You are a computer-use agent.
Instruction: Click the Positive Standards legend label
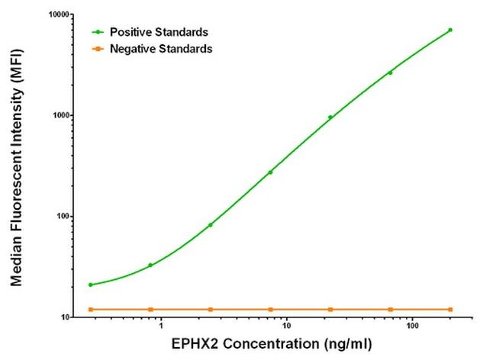point(159,32)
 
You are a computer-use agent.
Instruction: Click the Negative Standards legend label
point(161,48)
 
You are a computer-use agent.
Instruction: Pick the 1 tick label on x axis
point(160,327)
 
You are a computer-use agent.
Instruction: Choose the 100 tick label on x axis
point(411,327)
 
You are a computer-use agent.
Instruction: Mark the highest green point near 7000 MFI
point(450,30)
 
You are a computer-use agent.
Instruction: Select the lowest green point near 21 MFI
point(90,284)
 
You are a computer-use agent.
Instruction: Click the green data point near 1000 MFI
point(330,117)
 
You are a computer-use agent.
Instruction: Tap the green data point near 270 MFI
point(270,172)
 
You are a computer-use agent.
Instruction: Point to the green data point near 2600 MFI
point(390,73)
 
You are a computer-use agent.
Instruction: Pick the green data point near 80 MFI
point(210,225)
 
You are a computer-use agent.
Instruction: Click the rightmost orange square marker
point(450,309)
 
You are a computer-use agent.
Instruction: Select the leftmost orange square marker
point(90,309)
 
